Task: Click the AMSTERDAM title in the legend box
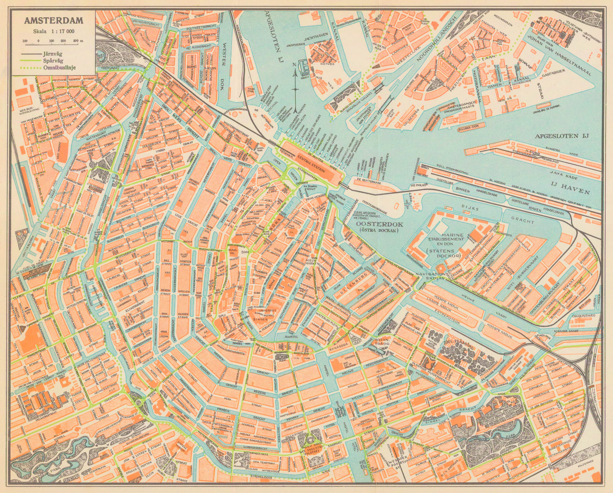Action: [49, 21]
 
